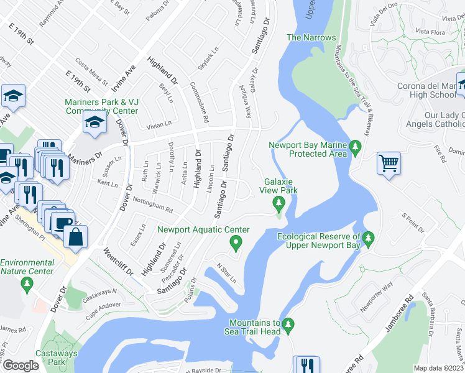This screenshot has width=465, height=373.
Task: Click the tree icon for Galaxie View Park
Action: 279,202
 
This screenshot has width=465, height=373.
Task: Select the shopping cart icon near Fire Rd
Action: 389,163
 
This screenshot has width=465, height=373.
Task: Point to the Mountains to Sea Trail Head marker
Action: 287,324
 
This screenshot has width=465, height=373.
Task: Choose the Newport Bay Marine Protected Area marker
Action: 356,147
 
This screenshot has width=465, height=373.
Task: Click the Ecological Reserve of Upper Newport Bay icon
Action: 369,237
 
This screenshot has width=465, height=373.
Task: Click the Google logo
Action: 21,366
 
